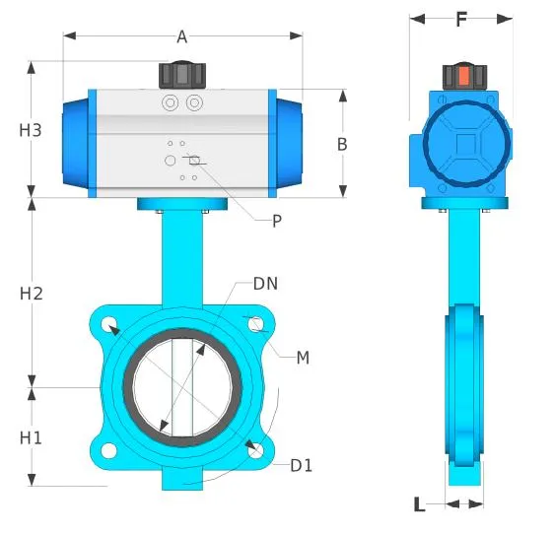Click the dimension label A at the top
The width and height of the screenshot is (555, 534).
pos(181,37)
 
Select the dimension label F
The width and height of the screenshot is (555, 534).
pos(460,20)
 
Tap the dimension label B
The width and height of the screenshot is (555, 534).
pos(342,144)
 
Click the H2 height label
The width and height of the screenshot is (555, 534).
pos(32,293)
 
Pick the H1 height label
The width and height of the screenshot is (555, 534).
pos(32,437)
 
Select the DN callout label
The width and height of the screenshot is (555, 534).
pos(265,284)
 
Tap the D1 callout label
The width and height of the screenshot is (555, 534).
pos(301,465)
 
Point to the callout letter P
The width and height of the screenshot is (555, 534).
pos(277,222)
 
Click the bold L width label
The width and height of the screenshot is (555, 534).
pos(419,505)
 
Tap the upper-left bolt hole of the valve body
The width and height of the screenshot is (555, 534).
pos(109,324)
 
